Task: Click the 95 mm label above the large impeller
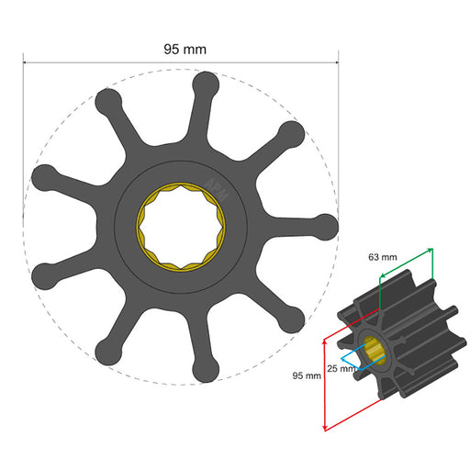tap(184, 49)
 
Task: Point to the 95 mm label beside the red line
tap(306, 375)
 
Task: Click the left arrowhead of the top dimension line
tap(27, 63)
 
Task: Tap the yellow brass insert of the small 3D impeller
tap(375, 349)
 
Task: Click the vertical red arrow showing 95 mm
tap(324, 384)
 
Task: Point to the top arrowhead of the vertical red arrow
tap(324, 339)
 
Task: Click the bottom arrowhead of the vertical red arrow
tap(324, 429)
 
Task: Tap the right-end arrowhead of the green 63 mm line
tap(431, 250)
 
